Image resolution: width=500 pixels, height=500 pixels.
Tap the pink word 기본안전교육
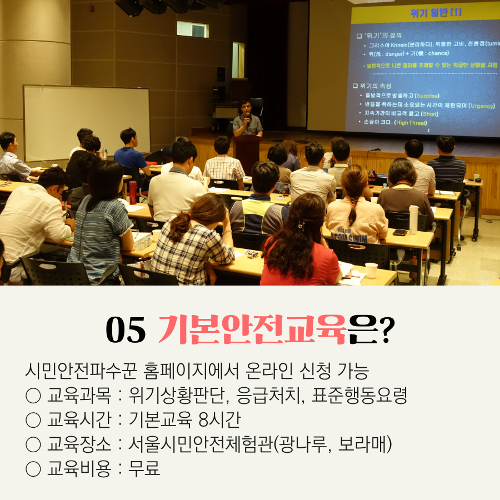pyautogui.click(x=252, y=331)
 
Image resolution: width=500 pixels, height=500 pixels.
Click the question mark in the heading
pyautogui.click(x=384, y=331)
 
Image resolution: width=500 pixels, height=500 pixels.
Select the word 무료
pyautogui.click(x=144, y=468)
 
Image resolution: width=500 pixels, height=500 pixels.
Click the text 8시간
pyautogui.click(x=219, y=419)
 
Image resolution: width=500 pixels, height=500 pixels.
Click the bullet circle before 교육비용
pyautogui.click(x=33, y=469)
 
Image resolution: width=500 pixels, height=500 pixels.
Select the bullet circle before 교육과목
pyautogui.click(x=33, y=396)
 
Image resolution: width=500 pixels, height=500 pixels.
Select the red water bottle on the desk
pyautogui.click(x=132, y=192)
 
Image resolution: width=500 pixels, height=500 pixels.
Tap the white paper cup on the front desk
pyautogui.click(x=371, y=270)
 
